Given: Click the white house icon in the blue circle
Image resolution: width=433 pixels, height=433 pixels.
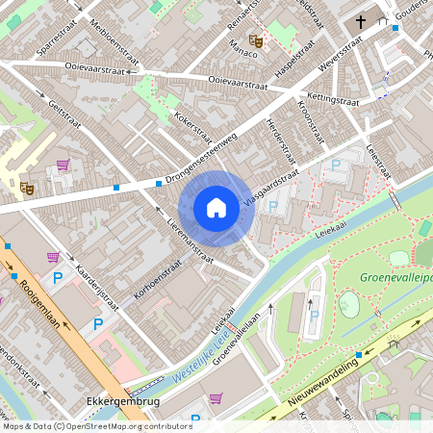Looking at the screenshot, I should (x=216, y=207).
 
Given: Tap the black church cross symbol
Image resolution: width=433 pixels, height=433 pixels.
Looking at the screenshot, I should (x=362, y=21).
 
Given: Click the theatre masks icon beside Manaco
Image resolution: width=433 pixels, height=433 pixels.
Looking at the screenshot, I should (x=256, y=40).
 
